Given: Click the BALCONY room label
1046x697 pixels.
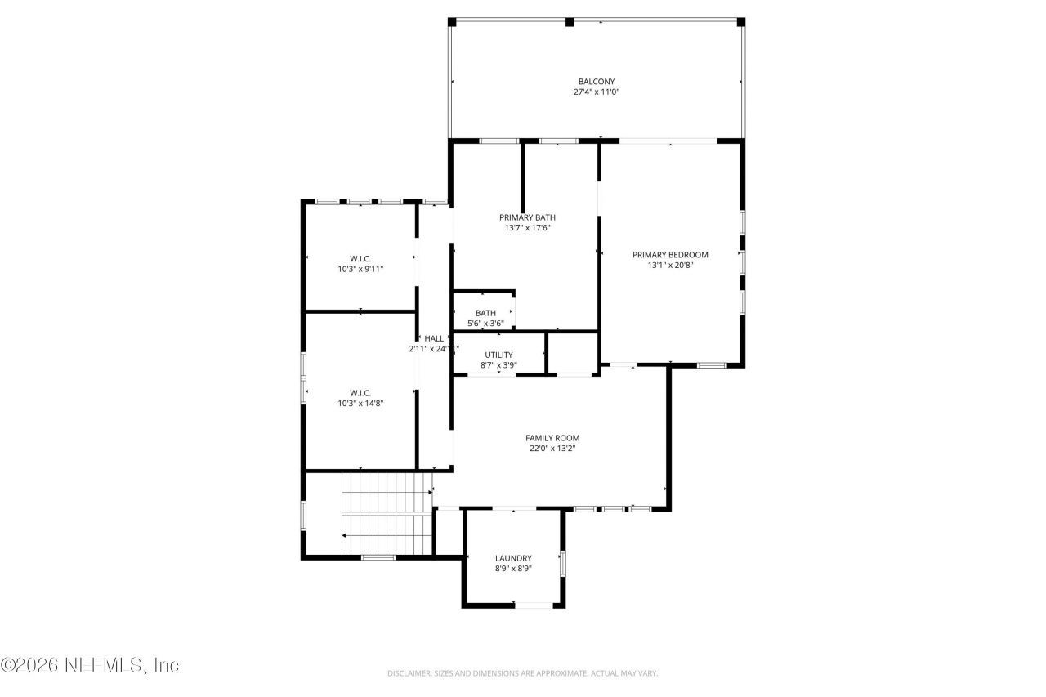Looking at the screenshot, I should [596, 82].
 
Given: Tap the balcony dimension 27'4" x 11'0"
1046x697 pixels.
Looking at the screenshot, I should [596, 93].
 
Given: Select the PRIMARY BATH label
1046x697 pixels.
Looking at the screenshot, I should [527, 217].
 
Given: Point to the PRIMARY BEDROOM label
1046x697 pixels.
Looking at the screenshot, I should [670, 255].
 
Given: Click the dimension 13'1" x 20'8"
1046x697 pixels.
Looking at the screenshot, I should [670, 266].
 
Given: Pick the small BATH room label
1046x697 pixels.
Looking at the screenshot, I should [485, 313].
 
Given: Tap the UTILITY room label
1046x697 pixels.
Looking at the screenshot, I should [498, 355].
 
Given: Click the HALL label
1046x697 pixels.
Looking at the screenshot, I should [434, 338].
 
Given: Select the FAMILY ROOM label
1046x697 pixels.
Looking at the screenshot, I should [552, 438].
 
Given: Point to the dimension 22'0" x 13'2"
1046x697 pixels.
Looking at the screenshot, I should [552, 449].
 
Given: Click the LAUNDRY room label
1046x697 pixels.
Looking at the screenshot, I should [513, 558].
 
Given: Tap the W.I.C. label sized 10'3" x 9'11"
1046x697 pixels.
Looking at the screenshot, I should [360, 258].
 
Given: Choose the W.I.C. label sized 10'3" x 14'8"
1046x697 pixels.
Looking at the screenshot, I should [360, 392].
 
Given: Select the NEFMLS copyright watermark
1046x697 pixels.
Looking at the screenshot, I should [90, 665].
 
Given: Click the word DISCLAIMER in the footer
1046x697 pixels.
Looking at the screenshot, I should [409, 673].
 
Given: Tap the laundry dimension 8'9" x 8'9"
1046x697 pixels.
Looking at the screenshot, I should [513, 570].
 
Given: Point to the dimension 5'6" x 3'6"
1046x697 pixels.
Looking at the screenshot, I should [485, 324].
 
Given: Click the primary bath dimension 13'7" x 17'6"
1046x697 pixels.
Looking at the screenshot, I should [527, 228].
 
